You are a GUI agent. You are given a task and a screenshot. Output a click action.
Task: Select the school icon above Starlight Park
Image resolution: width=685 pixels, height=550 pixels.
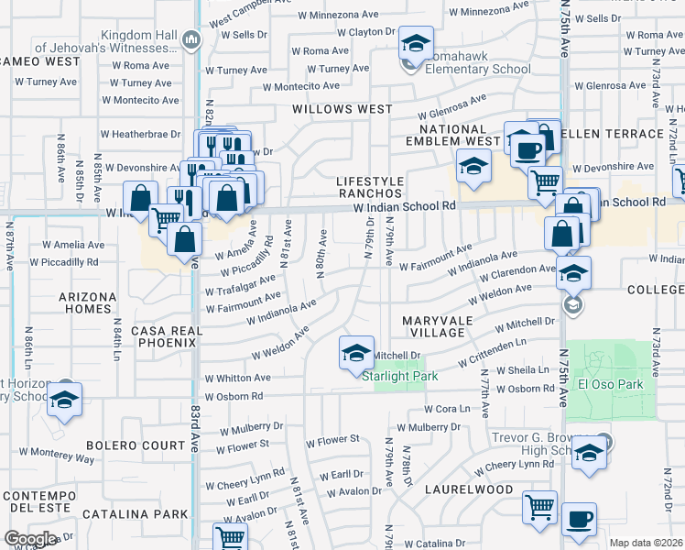(x=356, y=353)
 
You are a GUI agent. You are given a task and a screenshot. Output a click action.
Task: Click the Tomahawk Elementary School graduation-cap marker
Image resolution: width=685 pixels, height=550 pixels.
(x=416, y=44)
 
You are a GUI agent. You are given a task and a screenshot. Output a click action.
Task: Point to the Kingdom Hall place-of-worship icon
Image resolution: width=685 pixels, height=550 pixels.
(x=190, y=39)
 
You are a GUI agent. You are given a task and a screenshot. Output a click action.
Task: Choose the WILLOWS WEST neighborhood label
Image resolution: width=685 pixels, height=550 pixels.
(x=342, y=109)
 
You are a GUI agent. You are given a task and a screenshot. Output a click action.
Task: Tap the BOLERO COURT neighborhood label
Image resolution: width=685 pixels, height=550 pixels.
(x=124, y=446)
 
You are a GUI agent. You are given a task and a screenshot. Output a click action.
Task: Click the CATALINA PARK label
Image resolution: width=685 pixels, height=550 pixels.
(x=135, y=514)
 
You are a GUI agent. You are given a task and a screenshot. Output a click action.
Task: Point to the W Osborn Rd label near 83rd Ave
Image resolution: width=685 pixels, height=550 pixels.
(x=234, y=397)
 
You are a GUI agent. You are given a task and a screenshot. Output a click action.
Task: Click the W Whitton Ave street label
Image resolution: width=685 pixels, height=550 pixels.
(x=237, y=378)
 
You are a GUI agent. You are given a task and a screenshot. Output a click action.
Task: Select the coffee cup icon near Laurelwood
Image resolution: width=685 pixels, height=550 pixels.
(x=578, y=519)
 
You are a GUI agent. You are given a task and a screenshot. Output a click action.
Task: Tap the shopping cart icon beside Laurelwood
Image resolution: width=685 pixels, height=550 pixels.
(x=539, y=507)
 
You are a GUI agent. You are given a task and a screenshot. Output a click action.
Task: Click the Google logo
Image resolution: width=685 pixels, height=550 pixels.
(x=30, y=539)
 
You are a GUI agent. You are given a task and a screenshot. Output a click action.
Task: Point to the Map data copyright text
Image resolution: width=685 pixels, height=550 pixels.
(x=646, y=544)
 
